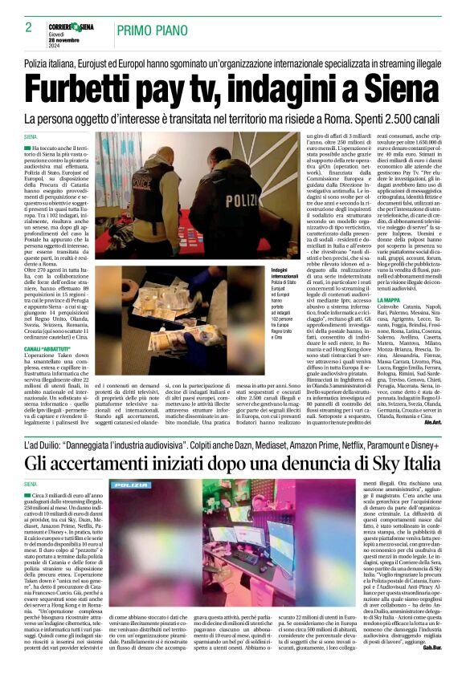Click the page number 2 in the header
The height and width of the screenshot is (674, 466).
click(x=28, y=27)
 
